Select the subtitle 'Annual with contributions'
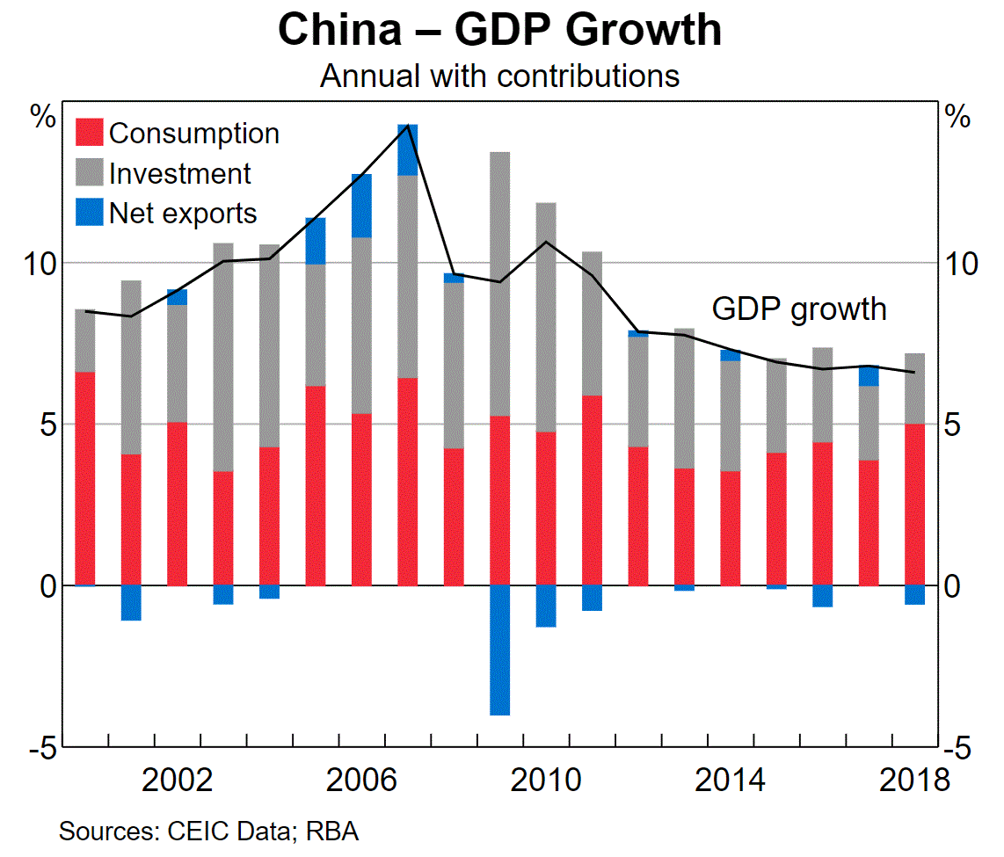499,76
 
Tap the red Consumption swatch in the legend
90,133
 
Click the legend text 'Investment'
179,173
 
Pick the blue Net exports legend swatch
90,213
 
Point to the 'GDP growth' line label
798,309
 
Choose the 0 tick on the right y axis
952,586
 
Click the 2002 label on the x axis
177,780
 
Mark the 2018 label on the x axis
914,780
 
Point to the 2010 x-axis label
545,780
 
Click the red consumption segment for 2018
915,505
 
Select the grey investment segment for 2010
546,316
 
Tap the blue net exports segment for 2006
361,206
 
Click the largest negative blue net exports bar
499,650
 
